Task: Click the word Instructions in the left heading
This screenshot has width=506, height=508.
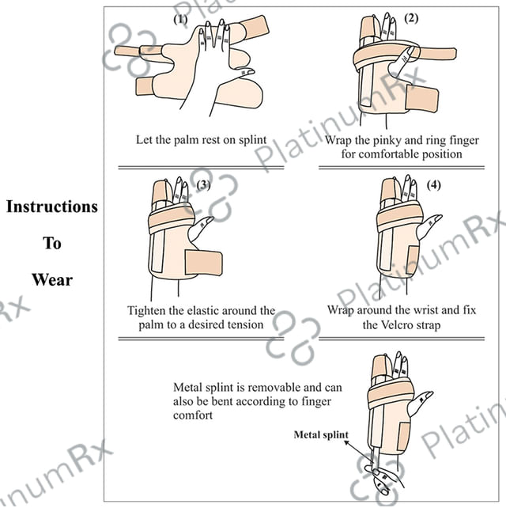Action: tap(52, 207)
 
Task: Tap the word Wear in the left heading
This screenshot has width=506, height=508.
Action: tap(52, 279)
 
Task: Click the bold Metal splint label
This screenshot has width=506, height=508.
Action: tap(320, 434)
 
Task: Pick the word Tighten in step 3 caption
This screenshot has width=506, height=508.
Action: tap(150, 310)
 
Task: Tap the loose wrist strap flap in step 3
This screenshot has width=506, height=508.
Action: tap(205, 263)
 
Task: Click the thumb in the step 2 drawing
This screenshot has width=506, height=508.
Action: tap(408, 57)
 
